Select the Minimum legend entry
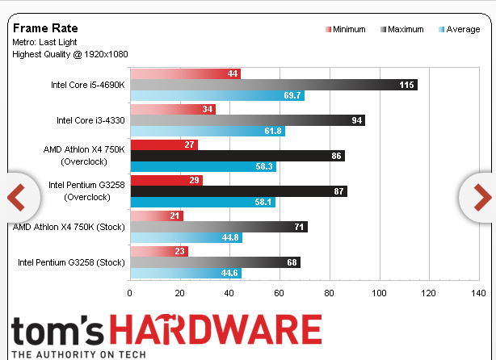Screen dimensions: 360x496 pyautogui.click(x=345, y=29)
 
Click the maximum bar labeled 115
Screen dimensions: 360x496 pyautogui.click(x=273, y=85)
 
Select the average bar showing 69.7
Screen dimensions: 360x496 pyautogui.click(x=216, y=95)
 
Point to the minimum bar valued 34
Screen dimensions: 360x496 pyautogui.click(x=172, y=109)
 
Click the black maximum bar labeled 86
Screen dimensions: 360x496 pyautogui.click(x=237, y=156)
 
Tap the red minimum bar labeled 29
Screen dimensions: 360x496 pyautogui.click(x=166, y=180)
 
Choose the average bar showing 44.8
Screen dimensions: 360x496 pyautogui.click(x=185, y=237)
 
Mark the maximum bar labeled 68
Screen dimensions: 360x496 pyautogui.click(x=214, y=262)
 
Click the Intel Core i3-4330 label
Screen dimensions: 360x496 pyautogui.click(x=90, y=120)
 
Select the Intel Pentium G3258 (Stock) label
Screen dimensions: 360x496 pyautogui.click(x=71, y=262)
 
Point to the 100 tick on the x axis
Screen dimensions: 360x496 pyautogui.click(x=379, y=293)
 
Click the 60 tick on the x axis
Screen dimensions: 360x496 pyautogui.click(x=279, y=293)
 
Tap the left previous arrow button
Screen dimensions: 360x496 pyautogui.click(x=17, y=196)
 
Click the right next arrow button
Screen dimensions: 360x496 pyautogui.click(x=479, y=196)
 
